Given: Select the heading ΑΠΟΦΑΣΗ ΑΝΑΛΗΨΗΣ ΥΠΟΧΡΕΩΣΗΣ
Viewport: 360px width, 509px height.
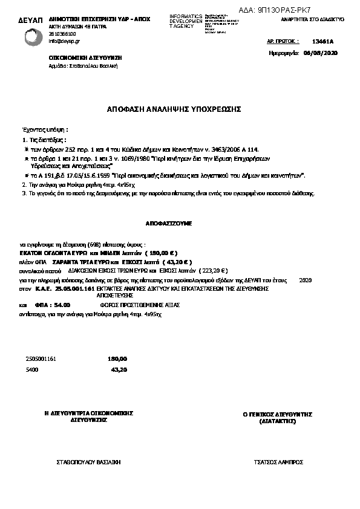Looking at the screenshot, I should (174, 109).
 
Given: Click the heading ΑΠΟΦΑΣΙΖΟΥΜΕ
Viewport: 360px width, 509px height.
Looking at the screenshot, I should (168, 223).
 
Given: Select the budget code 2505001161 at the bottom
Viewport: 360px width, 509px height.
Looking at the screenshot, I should (41, 358).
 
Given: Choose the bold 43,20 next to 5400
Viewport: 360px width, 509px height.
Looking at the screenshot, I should (119, 369).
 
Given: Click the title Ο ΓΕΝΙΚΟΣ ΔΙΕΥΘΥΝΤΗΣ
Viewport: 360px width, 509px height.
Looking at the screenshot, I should (277, 414).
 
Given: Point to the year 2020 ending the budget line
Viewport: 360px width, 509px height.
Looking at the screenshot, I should (305, 280).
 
